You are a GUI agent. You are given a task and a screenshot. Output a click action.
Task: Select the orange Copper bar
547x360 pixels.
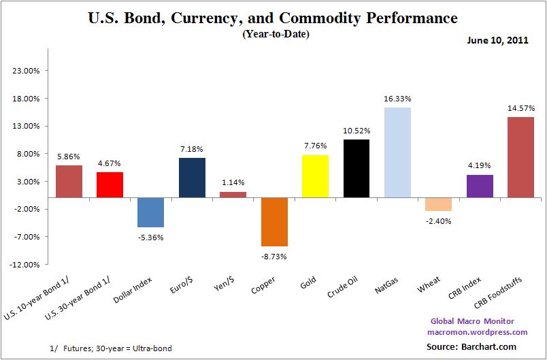click(x=273, y=222)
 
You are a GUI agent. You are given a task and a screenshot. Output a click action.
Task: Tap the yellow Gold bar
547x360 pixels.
click(x=315, y=176)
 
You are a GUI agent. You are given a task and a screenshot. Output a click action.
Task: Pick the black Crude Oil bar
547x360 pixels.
click(x=356, y=169)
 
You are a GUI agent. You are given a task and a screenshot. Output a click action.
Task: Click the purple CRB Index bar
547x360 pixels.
click(x=479, y=186)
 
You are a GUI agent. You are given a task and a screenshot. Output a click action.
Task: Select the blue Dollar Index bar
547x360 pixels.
click(x=150, y=212)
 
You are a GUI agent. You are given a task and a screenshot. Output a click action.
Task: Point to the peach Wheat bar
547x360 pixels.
click(x=438, y=204)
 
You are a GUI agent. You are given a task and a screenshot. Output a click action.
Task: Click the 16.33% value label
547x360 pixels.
click(x=397, y=99)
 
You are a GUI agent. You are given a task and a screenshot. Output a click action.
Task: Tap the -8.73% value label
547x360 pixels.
click(x=273, y=256)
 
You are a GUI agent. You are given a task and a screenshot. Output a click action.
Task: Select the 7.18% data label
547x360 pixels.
click(x=191, y=148)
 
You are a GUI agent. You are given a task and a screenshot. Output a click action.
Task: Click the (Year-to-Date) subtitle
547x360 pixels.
click(x=276, y=34)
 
